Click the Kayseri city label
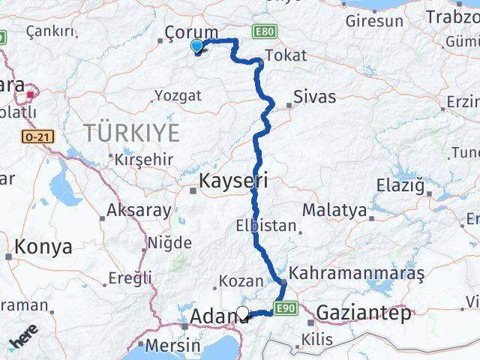pos(232,181)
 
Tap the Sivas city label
pos(315,97)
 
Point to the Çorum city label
pos(191,32)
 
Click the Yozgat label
pos(178,95)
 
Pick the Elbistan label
pos(265,226)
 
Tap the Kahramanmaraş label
pos(355,274)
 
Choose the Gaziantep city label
pos(364,312)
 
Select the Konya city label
pos(43,246)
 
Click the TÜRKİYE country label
pos(131,133)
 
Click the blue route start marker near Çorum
pos(197,46)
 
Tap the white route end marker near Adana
pos(242,313)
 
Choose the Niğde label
pos(169,243)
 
